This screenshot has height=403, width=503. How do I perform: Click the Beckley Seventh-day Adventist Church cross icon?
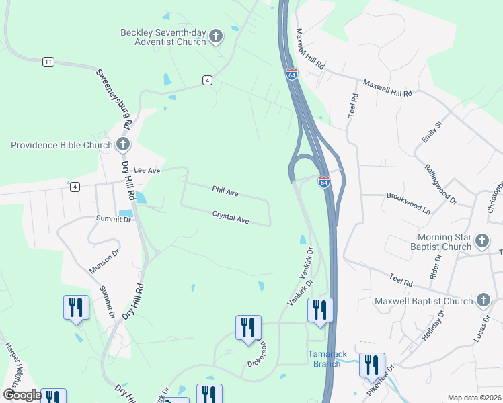216,36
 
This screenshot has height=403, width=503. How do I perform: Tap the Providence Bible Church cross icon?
122,144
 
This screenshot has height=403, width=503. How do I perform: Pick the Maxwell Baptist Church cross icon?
483,300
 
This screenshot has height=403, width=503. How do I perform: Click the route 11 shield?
48,62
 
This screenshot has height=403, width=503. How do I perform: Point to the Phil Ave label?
225,193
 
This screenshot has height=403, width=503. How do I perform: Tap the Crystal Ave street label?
231,218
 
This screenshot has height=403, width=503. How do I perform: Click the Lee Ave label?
147,171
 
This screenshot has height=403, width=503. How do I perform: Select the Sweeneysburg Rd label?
112,98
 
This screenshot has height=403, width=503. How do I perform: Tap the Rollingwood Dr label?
441,183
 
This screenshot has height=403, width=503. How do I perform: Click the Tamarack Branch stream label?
327,359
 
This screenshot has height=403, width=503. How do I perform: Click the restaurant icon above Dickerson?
248,328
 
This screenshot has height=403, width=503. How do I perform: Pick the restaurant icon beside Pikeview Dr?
372,365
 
